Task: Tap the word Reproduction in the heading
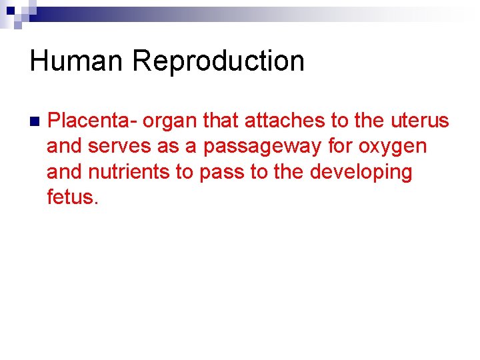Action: coord(218,61)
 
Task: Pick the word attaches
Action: coord(285,121)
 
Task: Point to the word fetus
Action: coord(73,197)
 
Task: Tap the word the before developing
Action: coord(289,171)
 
